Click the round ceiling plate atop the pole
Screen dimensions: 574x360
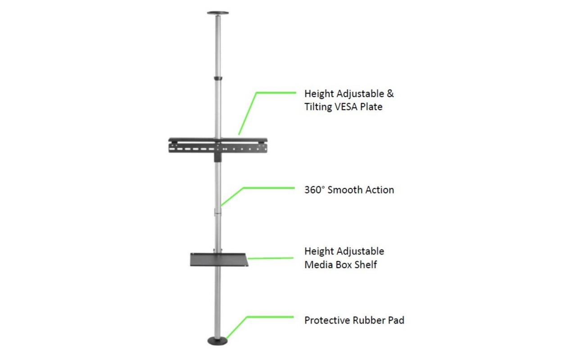tap(218, 13)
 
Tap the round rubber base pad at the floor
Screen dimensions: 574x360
tap(217, 341)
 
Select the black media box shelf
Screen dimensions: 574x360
tap(219, 260)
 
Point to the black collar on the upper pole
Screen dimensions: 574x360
tap(218, 78)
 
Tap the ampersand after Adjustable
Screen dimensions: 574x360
tap(390, 94)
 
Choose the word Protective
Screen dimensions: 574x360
tap(327, 320)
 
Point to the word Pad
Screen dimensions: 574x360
tap(396, 320)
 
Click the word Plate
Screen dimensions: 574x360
tap(371, 107)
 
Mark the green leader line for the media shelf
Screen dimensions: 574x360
tap(271, 258)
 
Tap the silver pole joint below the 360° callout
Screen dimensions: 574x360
tap(218, 212)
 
